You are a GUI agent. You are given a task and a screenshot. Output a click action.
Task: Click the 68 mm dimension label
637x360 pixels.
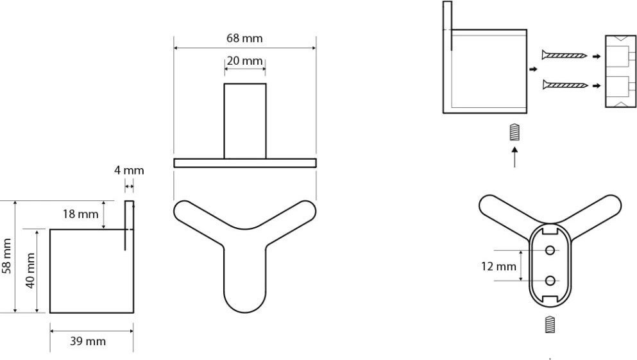[x=244, y=39]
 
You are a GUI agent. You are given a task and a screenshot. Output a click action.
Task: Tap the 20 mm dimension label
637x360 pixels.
[x=244, y=61]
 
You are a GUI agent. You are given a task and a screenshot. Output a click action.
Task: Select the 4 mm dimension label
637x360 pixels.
[x=129, y=170]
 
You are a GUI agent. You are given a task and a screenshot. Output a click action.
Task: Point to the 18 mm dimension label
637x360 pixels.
[x=80, y=214]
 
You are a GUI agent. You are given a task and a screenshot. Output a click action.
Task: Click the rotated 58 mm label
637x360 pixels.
[x=6, y=256]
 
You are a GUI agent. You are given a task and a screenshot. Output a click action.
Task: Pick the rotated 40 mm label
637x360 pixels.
[x=30, y=271]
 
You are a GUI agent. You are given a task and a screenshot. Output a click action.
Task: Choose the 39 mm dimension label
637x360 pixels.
[x=88, y=341]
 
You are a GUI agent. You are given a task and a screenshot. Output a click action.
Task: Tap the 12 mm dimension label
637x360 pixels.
[x=498, y=266]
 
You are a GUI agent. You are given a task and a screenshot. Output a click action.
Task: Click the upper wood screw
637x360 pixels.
[x=565, y=55]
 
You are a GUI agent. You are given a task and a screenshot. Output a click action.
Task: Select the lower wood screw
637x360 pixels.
[x=565, y=85]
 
